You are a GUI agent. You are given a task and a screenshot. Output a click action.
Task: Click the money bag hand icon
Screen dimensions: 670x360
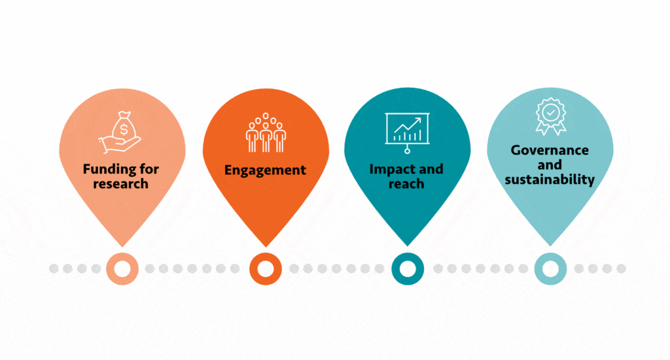tap(120, 132)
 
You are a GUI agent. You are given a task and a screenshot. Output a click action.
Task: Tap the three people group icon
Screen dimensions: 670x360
tap(266, 132)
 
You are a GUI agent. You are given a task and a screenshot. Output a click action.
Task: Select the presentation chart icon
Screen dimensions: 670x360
tap(407, 133)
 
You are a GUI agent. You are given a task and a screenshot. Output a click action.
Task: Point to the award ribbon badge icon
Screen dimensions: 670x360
tap(551, 117)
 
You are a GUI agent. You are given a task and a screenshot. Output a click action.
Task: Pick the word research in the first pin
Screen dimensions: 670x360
tap(121, 184)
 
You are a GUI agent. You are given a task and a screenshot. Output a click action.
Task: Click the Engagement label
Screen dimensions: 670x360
tap(265, 170)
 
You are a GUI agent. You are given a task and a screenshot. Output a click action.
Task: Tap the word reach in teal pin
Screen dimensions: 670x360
tap(406, 184)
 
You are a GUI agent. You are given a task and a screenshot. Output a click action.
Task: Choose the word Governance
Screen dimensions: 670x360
tap(550, 150)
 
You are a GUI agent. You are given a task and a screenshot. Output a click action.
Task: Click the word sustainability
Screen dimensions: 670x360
tap(550, 179)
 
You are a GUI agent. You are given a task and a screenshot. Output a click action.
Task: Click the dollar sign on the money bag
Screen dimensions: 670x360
tap(124, 129)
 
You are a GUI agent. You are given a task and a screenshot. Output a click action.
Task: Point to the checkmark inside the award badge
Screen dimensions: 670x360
tap(551, 113)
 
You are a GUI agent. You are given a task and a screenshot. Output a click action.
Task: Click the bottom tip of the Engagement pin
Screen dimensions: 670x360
tap(266, 247)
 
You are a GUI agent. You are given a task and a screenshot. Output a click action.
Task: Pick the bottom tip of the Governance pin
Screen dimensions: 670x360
tap(550, 246)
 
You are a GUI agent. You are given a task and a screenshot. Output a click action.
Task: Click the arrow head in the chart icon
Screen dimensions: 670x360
tap(418, 120)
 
